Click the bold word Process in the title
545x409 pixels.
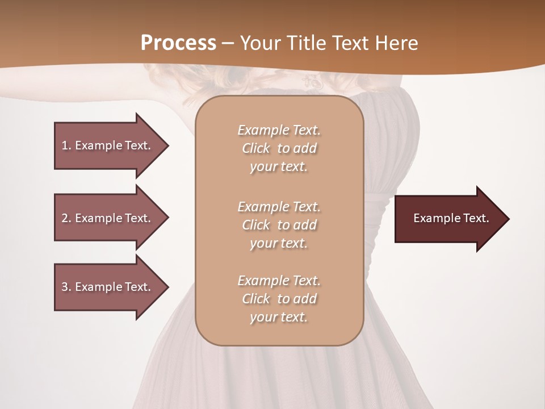pos(178,43)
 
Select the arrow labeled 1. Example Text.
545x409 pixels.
pos(108,145)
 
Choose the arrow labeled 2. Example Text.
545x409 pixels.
pos(108,218)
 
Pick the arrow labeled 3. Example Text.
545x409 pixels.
pos(108,287)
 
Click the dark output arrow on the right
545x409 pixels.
pos(448,219)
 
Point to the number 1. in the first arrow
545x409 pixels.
pos(66,145)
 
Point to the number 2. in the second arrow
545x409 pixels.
pos(66,218)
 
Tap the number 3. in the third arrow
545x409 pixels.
pos(66,287)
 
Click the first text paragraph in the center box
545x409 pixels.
pos(279,148)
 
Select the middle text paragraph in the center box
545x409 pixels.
pos(279,225)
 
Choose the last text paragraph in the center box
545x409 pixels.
pos(279,299)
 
